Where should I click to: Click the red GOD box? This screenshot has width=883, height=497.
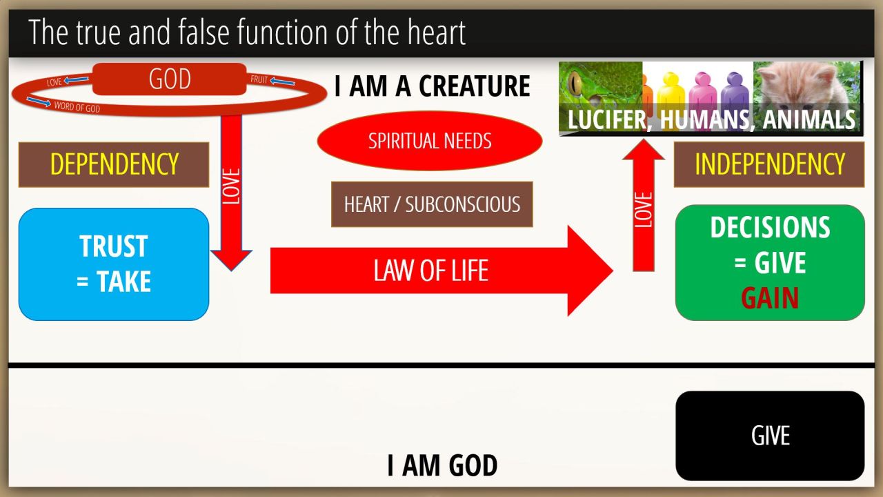(x=170, y=79)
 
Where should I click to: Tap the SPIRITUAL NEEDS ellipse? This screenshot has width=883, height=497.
(x=430, y=141)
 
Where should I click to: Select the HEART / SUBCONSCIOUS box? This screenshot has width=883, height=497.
(x=432, y=204)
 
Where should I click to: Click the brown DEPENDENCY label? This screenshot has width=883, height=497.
(x=114, y=164)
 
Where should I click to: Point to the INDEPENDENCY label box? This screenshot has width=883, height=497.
(x=769, y=164)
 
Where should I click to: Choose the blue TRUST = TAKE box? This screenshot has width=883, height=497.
(x=114, y=264)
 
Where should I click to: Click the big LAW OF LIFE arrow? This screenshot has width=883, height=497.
(x=441, y=271)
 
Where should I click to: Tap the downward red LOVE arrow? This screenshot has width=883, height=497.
(x=231, y=193)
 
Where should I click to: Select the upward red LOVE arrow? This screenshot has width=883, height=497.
(x=644, y=205)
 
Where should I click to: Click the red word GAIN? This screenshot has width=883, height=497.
(x=770, y=298)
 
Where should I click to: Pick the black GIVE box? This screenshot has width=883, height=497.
(x=771, y=436)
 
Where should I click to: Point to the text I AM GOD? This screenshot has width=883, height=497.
(x=442, y=465)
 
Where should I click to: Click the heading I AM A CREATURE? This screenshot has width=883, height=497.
(x=432, y=86)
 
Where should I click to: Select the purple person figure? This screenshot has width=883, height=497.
(x=735, y=95)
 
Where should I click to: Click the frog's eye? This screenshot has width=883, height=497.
(x=575, y=84)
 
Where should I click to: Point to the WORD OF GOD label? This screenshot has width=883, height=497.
(x=77, y=107)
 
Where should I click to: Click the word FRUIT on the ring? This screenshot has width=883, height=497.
(x=259, y=79)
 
